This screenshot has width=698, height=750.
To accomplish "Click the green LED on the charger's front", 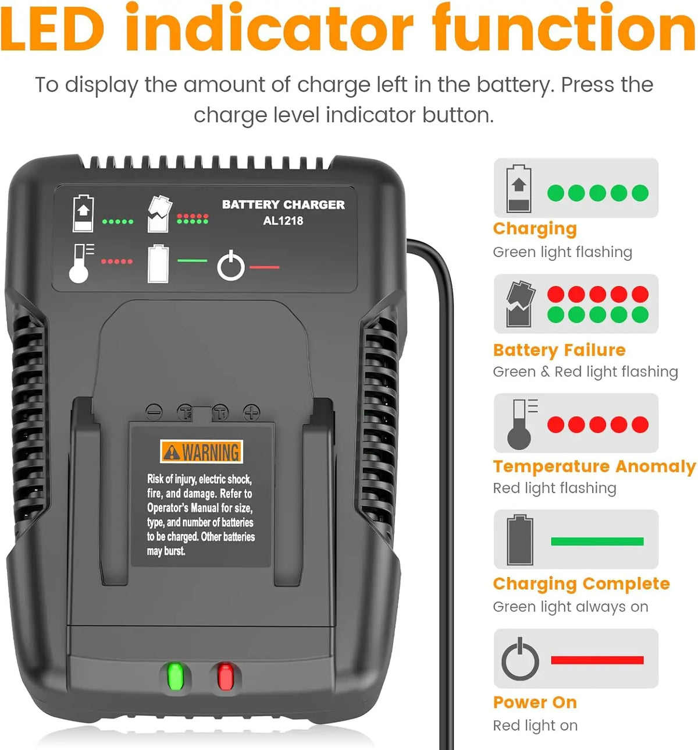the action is click(x=176, y=676).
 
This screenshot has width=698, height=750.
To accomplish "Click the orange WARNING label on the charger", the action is click(x=201, y=452).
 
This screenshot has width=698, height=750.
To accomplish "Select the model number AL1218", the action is click(x=283, y=221).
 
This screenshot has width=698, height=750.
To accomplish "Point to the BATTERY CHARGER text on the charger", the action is click(x=283, y=204).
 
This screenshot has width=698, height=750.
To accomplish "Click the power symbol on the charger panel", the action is click(x=231, y=266).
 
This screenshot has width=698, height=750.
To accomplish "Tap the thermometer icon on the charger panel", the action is click(x=81, y=263).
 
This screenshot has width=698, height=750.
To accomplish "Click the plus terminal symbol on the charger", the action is click(x=252, y=412).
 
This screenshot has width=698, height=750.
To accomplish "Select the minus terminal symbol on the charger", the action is click(x=154, y=411).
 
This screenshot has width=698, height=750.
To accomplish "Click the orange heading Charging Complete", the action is click(x=582, y=584).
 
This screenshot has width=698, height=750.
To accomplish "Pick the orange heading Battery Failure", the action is click(x=559, y=350).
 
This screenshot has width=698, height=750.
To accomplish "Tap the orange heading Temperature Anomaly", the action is click(x=594, y=467).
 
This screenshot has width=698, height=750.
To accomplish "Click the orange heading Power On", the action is click(x=535, y=702).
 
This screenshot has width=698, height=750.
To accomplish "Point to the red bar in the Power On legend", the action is click(x=597, y=660).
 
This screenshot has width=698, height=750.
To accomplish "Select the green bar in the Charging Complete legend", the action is click(x=597, y=541).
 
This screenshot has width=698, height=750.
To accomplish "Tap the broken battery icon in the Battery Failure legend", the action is click(x=520, y=303).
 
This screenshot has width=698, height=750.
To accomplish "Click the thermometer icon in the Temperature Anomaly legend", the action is click(x=522, y=424).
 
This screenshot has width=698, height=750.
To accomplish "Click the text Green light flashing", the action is click(x=562, y=252).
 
